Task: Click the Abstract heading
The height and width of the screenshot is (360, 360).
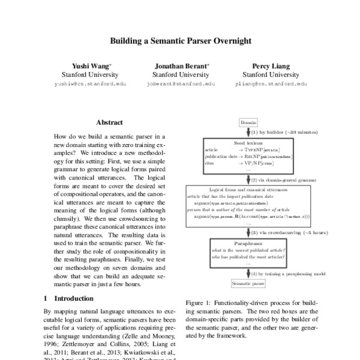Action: click(109, 121)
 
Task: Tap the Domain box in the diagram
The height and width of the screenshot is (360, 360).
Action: click(248, 122)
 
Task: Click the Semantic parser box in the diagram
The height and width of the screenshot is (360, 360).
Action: click(248, 281)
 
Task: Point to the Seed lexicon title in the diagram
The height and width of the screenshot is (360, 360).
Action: click(248, 143)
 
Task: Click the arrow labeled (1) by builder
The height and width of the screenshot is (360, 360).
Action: click(248, 131)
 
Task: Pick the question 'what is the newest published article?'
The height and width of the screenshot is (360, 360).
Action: click(248, 250)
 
